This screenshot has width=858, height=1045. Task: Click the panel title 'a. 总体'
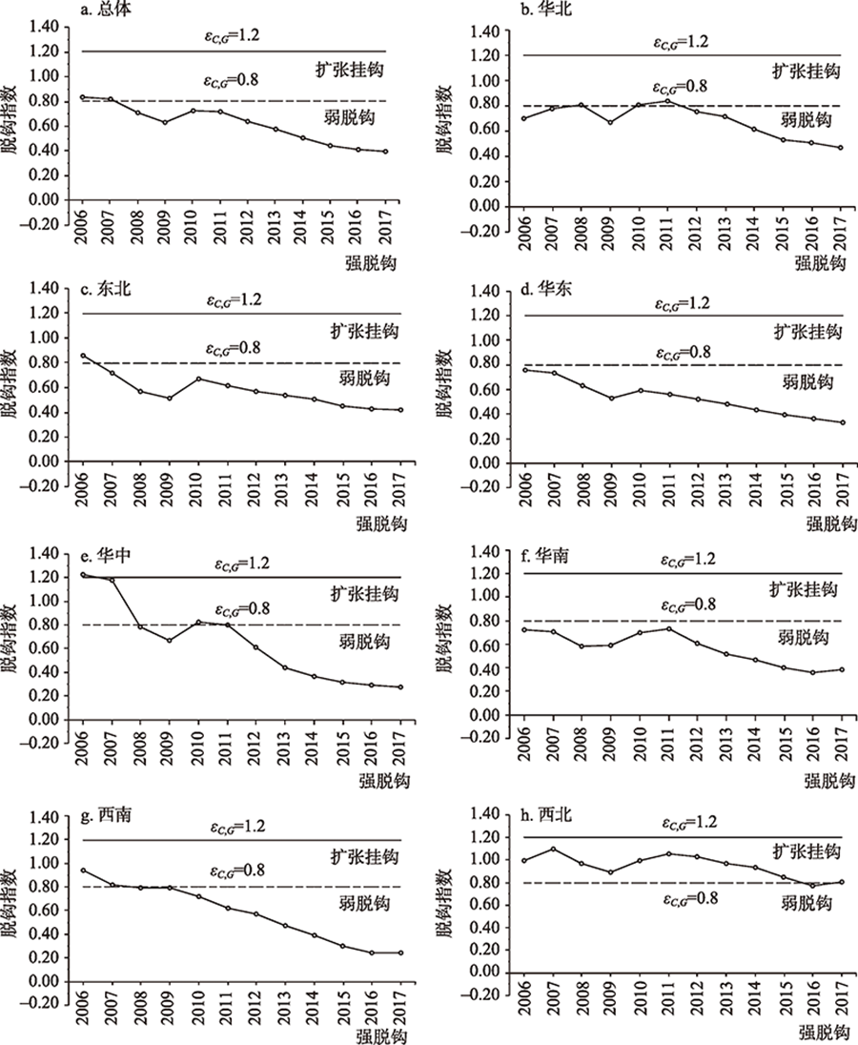(108, 11)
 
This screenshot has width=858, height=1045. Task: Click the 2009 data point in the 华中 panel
(169, 640)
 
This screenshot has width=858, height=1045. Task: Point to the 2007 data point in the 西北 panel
(553, 849)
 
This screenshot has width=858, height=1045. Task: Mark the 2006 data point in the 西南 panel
(83, 870)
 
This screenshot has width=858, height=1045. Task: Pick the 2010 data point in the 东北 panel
(198, 379)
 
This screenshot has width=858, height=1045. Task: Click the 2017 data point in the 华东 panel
(843, 422)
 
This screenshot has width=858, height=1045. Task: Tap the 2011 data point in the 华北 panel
(669, 101)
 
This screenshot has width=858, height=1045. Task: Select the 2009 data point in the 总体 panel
(164, 122)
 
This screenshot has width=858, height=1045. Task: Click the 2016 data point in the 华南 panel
(813, 672)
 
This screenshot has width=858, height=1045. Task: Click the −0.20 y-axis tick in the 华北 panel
(481, 232)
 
